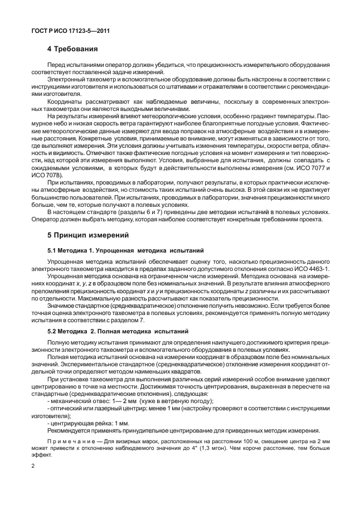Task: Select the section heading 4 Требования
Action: click(73, 49)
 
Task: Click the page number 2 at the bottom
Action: click(33, 466)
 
